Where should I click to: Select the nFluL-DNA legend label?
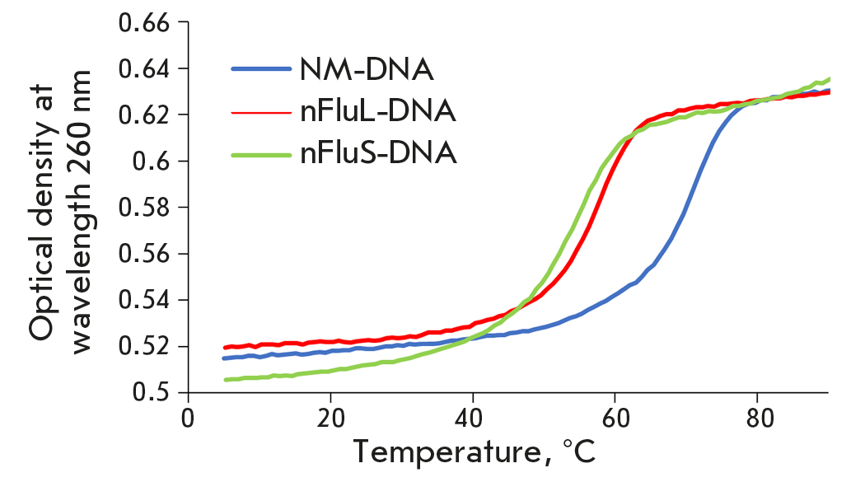tap(377, 110)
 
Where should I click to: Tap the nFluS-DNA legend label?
tap(378, 153)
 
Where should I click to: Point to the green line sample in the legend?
tap(260, 153)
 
